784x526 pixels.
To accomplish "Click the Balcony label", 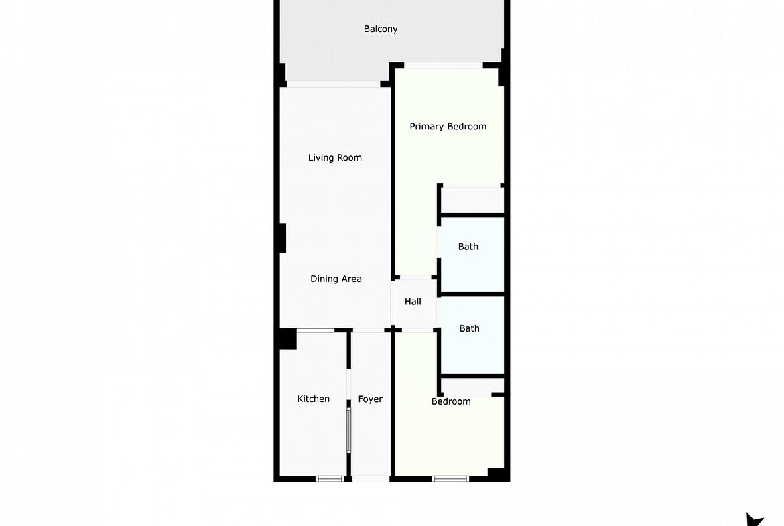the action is click(381, 29).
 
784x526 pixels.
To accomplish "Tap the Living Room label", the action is click(334, 158).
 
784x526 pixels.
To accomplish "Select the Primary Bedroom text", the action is click(448, 127).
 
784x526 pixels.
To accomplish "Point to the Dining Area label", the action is click(336, 279).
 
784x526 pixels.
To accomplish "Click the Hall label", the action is click(413, 302).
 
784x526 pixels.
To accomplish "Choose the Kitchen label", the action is click(313, 399).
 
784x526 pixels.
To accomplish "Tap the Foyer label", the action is click(370, 399).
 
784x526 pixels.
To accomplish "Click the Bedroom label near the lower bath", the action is click(451, 401).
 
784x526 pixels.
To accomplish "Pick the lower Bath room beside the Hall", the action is click(472, 335).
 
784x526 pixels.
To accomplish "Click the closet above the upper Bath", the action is click(472, 200).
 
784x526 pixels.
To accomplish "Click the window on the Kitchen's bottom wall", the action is click(330, 479).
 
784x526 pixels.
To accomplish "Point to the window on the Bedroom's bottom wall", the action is click(450, 479).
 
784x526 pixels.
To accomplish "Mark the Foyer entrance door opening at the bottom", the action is click(371, 479).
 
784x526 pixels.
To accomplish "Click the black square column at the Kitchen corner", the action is click(287, 339).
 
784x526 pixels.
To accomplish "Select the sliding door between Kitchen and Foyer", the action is click(349, 430).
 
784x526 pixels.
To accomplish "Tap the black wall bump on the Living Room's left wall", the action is click(283, 238).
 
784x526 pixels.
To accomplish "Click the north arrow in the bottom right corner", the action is click(755, 519).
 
